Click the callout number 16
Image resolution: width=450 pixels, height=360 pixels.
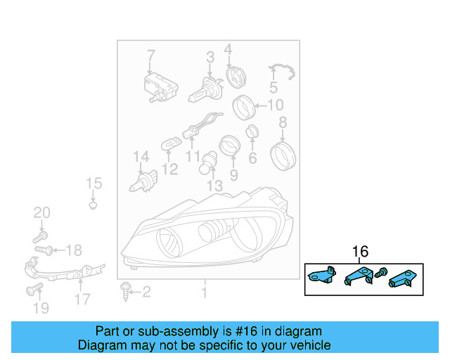tap(360, 252)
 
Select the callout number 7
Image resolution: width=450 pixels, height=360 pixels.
tap(150, 56)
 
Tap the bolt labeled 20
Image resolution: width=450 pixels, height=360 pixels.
tap(41, 238)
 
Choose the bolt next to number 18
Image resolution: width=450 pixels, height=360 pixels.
tap(44, 250)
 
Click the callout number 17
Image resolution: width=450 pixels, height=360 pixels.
tap(82, 299)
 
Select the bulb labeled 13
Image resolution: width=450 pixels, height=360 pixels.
tap(210, 166)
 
